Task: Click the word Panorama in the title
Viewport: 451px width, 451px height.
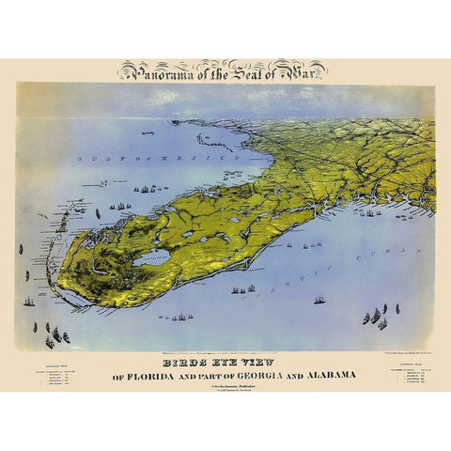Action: pyautogui.click(x=153, y=70)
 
